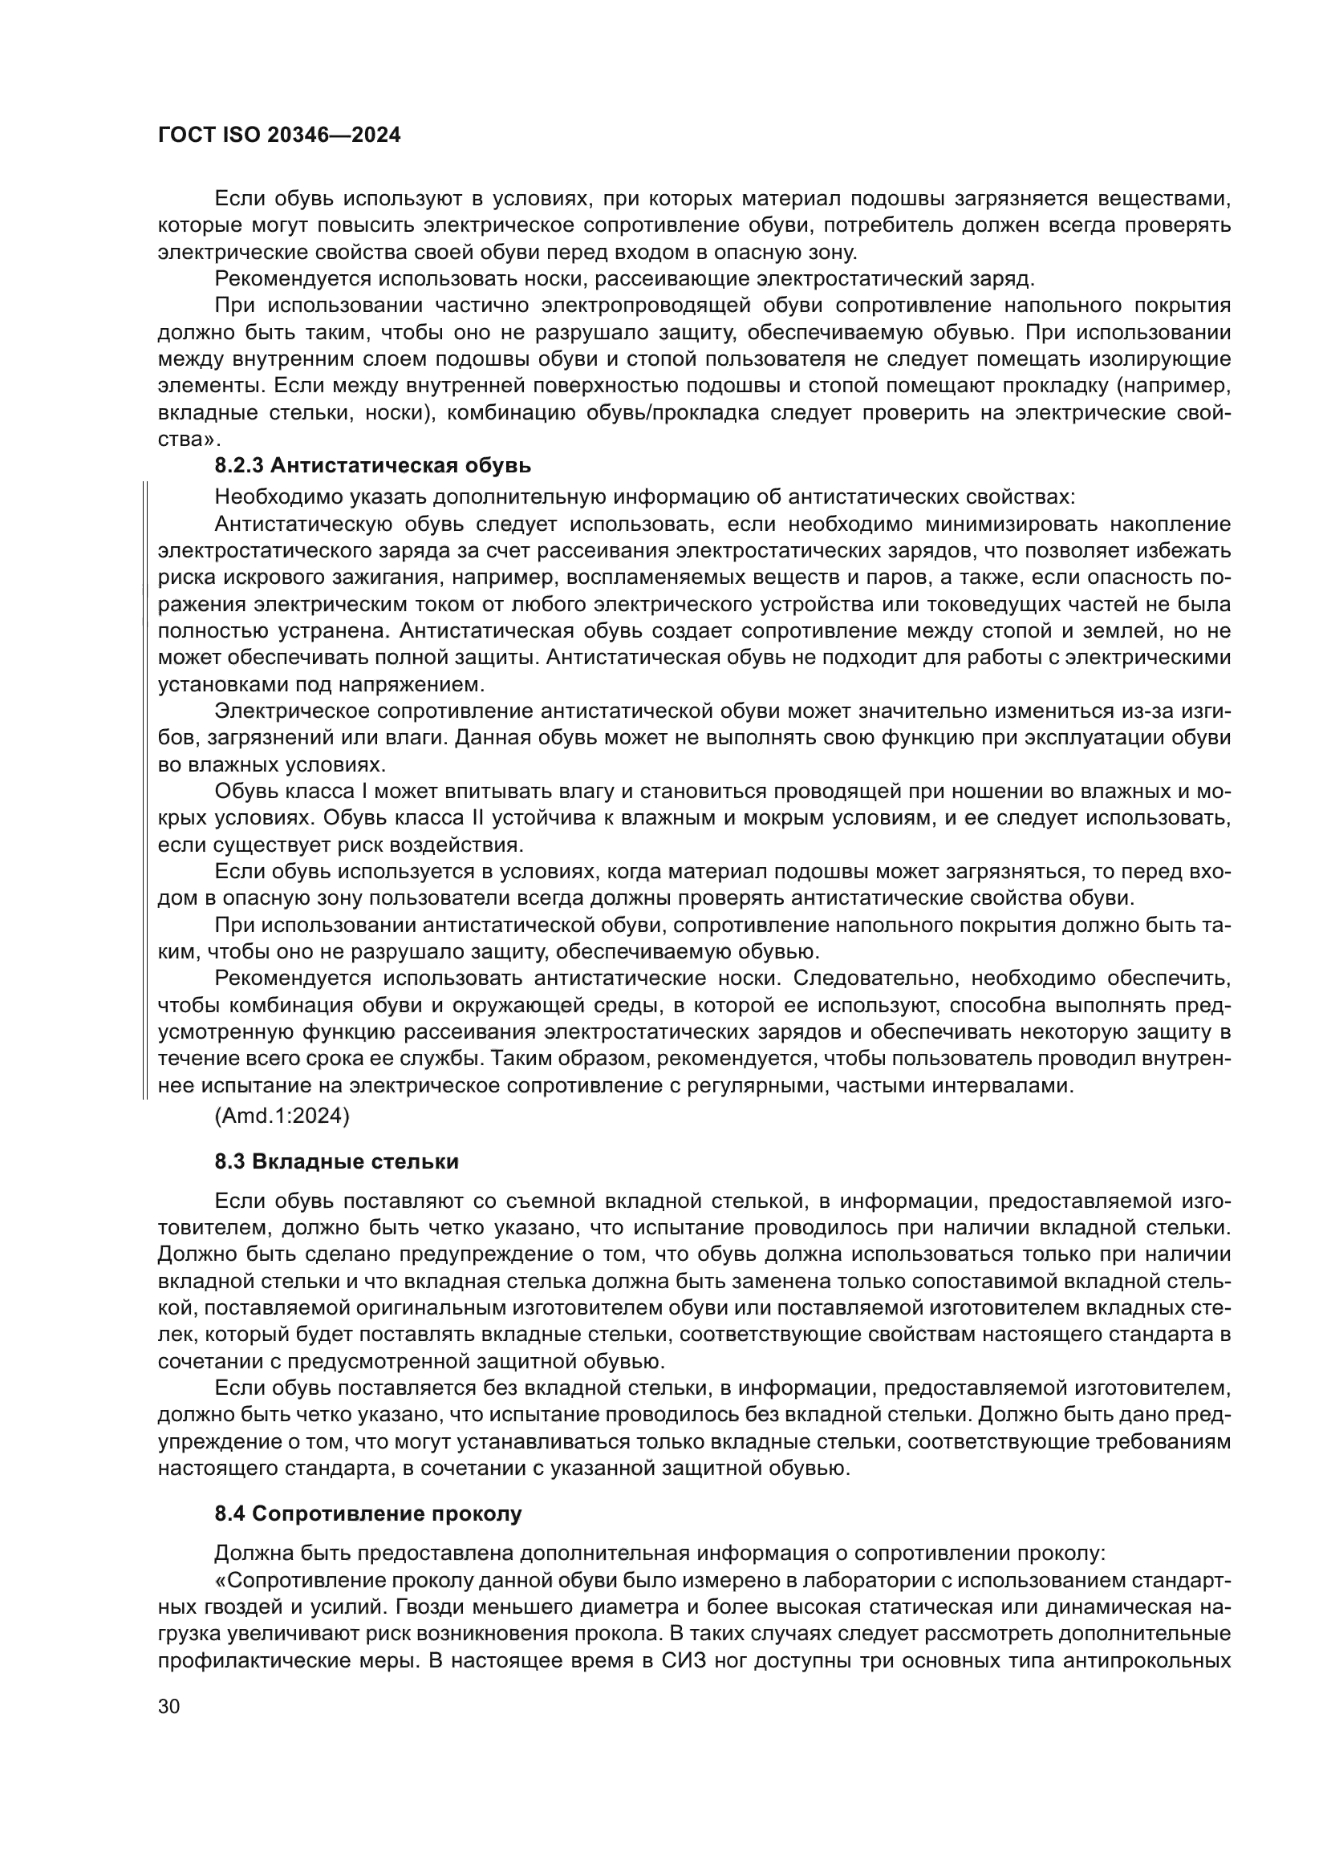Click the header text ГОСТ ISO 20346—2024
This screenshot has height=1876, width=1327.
pyautogui.click(x=278, y=136)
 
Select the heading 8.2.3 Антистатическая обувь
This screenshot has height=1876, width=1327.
pyautogui.click(x=372, y=466)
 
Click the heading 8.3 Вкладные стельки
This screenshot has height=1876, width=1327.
pyautogui.click(x=337, y=1162)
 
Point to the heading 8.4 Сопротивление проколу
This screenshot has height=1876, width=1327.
pyautogui.click(x=367, y=1513)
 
